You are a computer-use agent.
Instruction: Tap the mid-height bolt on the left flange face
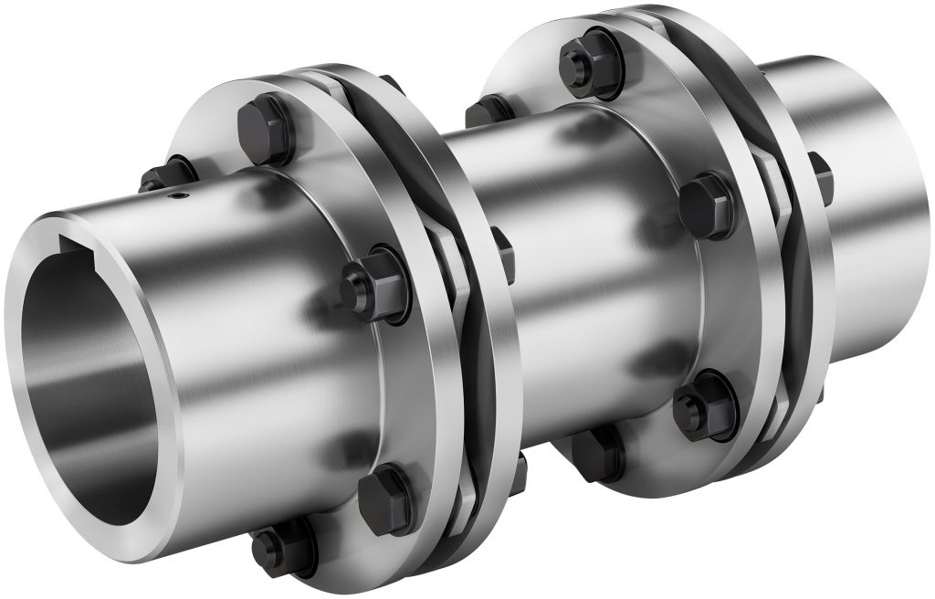[370, 278]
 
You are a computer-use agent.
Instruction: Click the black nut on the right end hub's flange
[819, 179]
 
